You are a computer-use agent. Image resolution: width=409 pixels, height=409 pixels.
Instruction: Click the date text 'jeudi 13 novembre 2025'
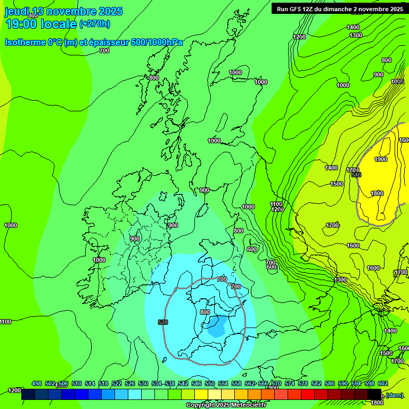point(63,11)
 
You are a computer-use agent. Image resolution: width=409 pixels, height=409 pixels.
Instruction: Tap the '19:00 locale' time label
point(41,23)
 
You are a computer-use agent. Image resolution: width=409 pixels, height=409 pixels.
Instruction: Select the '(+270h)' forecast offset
point(95,23)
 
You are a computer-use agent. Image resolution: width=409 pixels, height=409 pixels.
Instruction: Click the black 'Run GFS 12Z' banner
point(339,9)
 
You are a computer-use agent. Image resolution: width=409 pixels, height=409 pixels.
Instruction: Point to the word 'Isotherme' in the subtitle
point(26,42)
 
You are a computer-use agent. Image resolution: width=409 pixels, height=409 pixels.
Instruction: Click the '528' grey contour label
point(163,322)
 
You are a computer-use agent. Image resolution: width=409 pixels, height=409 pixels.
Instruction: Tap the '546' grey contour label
point(356,175)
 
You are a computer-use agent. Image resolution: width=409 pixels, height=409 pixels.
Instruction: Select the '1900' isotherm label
point(380,159)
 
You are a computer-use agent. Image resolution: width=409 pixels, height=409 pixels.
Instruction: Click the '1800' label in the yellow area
point(377,193)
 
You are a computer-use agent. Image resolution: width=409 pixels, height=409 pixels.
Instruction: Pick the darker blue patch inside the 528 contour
point(216,327)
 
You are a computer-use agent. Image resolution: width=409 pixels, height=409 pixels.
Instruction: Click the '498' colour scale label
point(37,383)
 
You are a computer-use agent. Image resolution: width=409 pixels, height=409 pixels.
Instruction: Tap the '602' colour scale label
point(382,383)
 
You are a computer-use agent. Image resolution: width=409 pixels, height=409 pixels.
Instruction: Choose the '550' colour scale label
point(209,383)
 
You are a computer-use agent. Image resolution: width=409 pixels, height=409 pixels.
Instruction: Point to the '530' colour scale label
point(143,383)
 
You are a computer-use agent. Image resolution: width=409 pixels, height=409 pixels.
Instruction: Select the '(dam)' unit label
point(395,395)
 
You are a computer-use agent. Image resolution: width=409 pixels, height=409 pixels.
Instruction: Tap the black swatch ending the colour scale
point(375,395)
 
